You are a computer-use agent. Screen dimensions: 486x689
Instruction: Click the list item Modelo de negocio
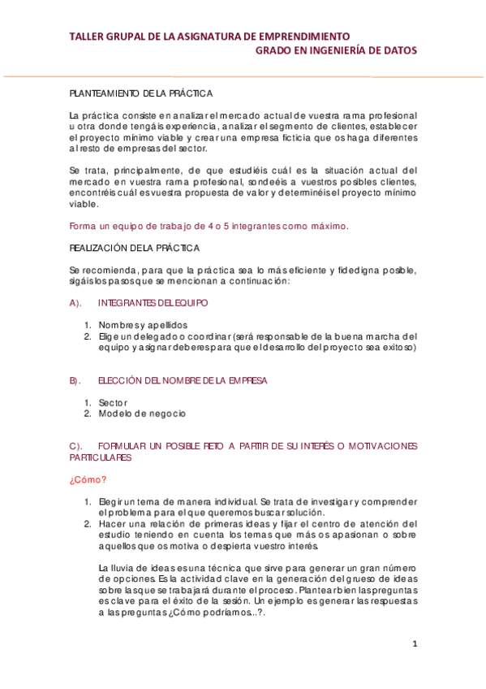142,414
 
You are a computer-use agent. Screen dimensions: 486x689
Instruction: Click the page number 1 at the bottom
414,644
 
